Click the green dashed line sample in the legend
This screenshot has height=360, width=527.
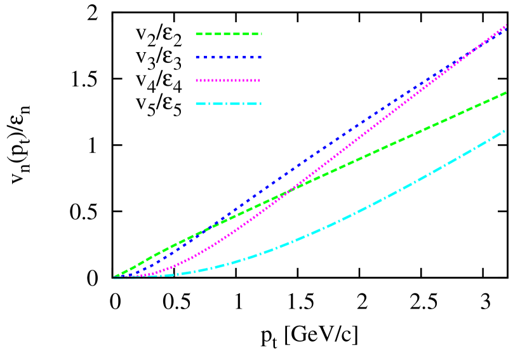[229, 34]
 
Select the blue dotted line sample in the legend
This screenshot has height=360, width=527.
[229, 57]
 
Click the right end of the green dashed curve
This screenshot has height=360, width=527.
[505, 93]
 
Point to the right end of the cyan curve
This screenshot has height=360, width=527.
[505, 130]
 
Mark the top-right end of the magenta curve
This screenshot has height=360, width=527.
[506, 25]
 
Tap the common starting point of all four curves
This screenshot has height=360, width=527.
[115, 277]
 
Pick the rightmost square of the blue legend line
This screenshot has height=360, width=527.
[259, 57]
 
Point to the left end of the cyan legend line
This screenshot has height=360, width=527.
[196, 103]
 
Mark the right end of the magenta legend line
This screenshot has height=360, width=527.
[259, 81]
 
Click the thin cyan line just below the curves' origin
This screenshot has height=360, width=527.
[125, 279]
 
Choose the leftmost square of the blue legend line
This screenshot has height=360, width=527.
[197, 57]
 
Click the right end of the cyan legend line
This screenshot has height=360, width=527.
[260, 103]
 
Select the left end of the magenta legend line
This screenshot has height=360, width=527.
[197, 81]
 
